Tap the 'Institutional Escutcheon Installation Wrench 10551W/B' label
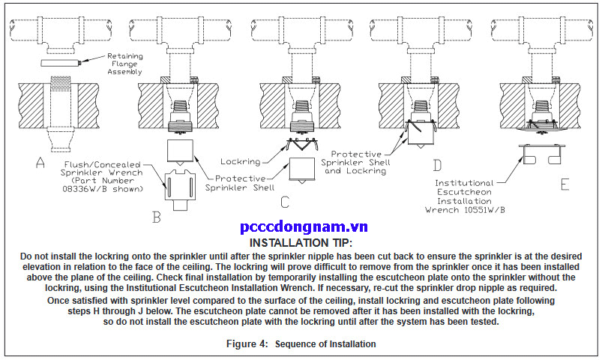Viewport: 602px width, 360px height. (467, 197)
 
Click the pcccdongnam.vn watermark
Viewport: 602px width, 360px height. (300, 228)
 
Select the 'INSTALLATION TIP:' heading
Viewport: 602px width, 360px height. (301, 244)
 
